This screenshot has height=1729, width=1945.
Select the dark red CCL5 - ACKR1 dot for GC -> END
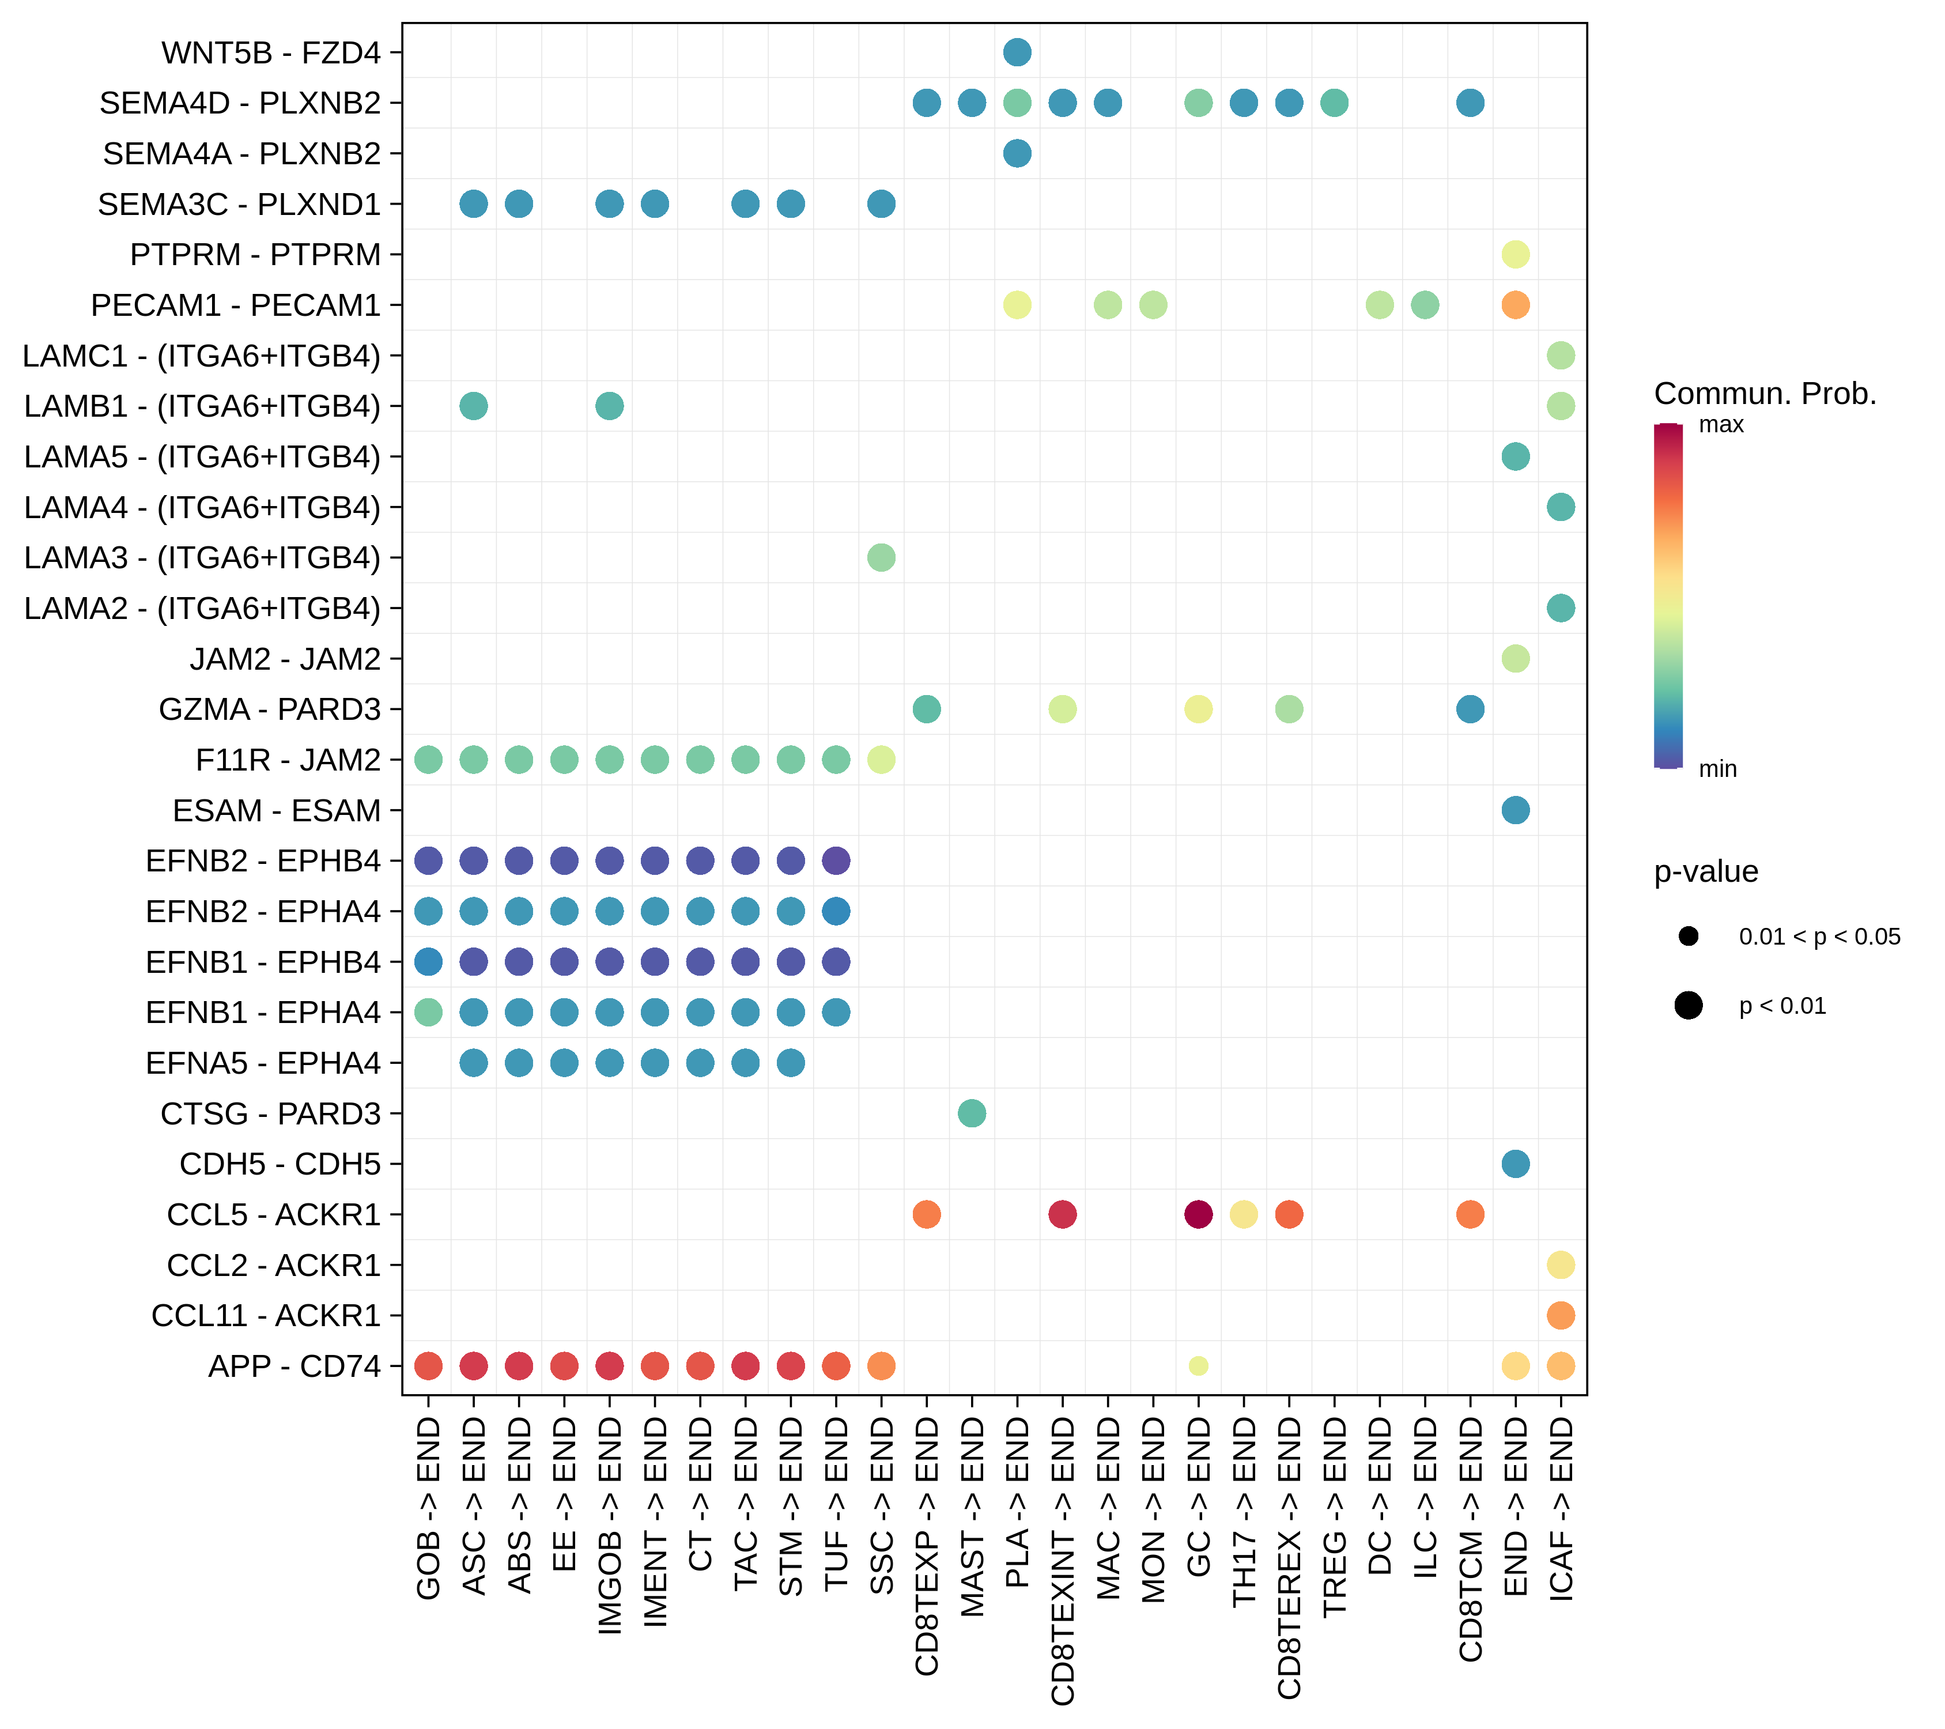1198,1214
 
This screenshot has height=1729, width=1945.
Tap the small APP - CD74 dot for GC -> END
1198,1365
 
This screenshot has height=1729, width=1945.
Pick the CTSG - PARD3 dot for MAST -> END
972,1113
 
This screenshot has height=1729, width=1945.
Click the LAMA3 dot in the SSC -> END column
881,558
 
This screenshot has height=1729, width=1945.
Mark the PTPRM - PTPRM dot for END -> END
1515,254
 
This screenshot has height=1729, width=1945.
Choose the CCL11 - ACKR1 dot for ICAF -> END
1561,1315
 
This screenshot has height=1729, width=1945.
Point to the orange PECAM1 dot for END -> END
1515,304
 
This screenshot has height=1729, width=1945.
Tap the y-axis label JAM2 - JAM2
285,659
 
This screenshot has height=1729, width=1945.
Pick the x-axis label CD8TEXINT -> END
1063,1561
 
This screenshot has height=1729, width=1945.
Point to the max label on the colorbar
1720,424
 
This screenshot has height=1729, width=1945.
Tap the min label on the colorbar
1717,769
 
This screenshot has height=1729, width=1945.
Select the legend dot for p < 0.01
1688,1005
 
